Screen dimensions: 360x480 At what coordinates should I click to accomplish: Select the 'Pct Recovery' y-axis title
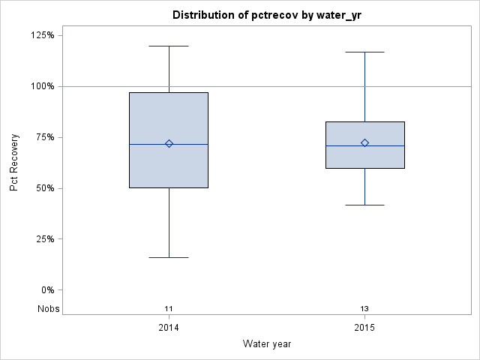click(x=14, y=163)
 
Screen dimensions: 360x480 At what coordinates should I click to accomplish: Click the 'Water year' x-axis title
click(x=267, y=343)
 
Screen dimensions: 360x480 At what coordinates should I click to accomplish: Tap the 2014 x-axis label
click(x=169, y=328)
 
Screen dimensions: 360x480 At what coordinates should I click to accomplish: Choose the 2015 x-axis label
click(x=364, y=328)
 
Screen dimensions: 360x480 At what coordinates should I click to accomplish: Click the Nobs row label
click(x=49, y=309)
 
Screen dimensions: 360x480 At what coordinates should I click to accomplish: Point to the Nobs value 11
click(x=169, y=309)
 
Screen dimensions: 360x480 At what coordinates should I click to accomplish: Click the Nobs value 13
click(x=364, y=309)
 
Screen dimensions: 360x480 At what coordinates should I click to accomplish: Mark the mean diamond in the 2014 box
click(x=169, y=143)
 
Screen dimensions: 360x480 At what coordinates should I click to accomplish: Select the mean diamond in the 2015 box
click(x=364, y=142)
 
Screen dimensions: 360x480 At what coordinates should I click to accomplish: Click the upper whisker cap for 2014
click(x=169, y=46)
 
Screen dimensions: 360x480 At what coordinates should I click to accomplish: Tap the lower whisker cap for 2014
click(x=169, y=257)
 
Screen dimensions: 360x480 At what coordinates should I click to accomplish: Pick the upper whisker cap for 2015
click(x=364, y=52)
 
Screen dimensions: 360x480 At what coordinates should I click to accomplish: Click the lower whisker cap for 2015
click(x=364, y=205)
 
